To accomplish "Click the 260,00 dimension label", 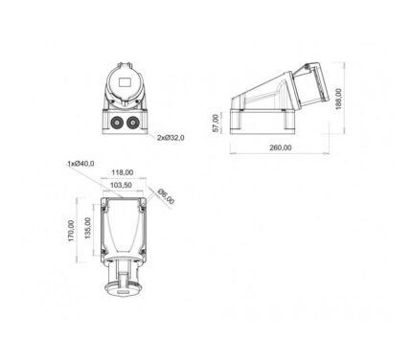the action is click(x=281, y=147).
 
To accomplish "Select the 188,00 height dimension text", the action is click(x=338, y=99).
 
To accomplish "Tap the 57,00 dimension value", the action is click(x=216, y=124).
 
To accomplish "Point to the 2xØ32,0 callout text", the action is click(x=171, y=138).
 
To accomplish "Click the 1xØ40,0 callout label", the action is click(x=80, y=164).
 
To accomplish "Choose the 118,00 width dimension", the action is click(x=123, y=172).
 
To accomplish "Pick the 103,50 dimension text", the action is click(x=121, y=185).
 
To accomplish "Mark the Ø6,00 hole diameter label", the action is click(x=166, y=196).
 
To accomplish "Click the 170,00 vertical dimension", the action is click(x=71, y=231).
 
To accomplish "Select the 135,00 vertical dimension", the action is click(x=88, y=228).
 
